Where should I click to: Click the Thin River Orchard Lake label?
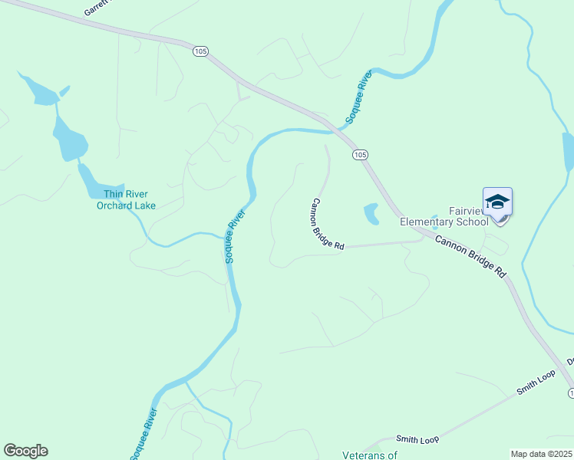point(126,199)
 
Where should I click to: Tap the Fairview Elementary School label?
point(444,217)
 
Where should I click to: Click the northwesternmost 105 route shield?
point(200,51)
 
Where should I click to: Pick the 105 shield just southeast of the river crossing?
point(360,154)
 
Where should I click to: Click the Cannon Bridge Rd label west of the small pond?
point(327,223)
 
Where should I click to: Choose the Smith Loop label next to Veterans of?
point(417,439)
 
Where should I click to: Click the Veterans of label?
point(370,455)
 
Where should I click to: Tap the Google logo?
point(25,451)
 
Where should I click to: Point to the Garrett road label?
point(96,8)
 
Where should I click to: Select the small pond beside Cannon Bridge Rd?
point(371,213)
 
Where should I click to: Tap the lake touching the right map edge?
point(568,152)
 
